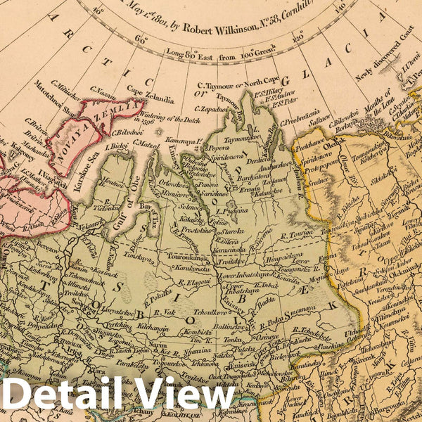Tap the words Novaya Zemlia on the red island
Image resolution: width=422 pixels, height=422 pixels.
click(x=103, y=131)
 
